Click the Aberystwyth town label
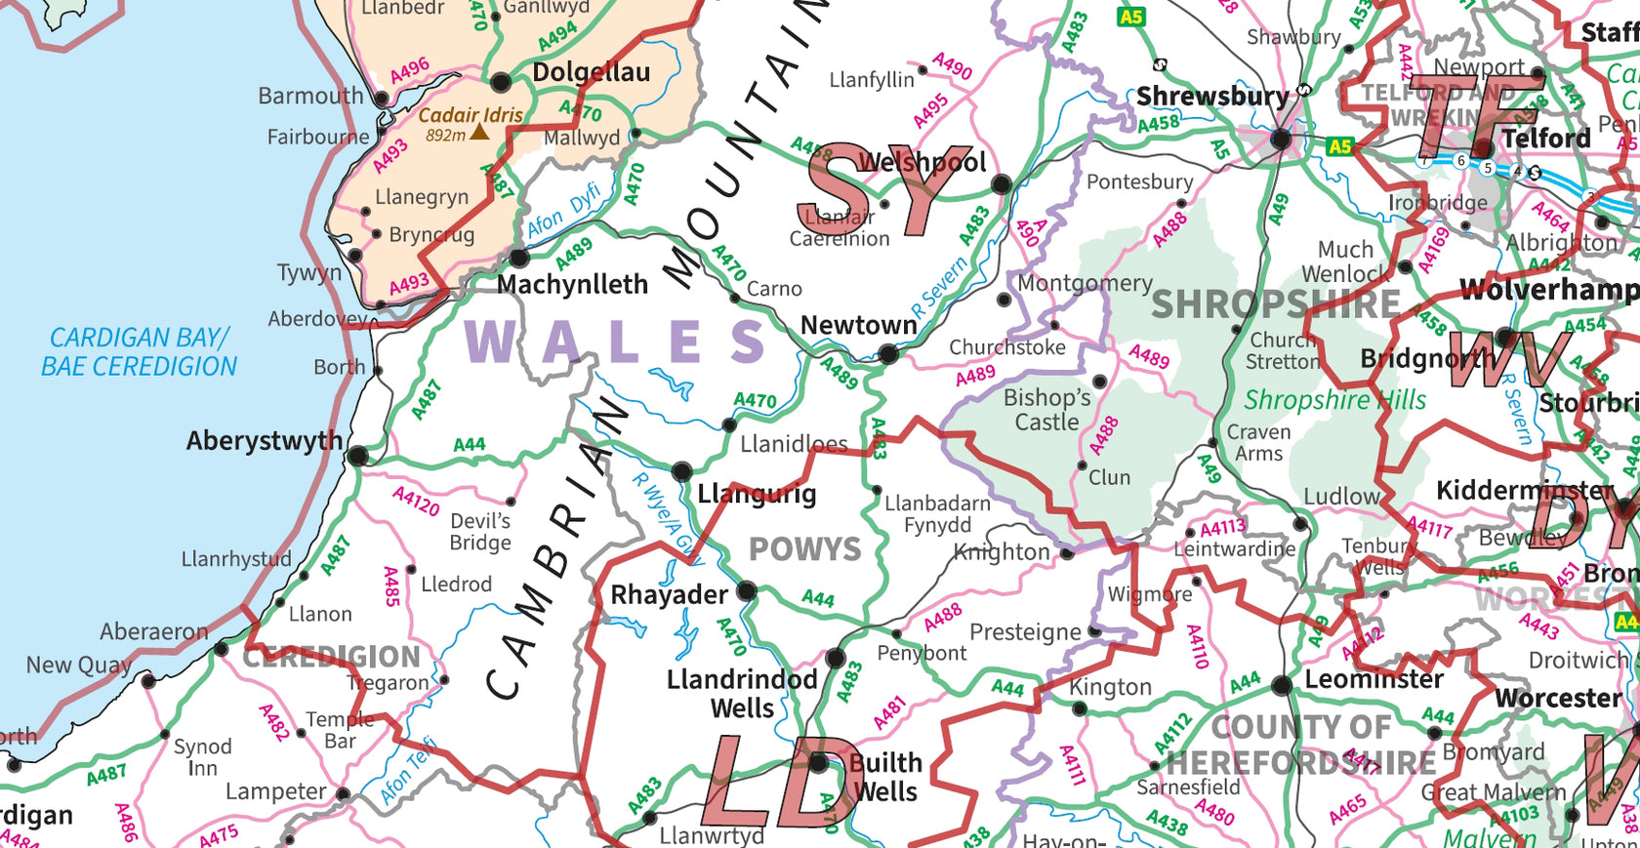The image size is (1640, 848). pyautogui.click(x=265, y=441)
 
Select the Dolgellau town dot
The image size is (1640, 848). pyautogui.click(x=501, y=82)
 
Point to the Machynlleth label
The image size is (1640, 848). pyautogui.click(x=572, y=285)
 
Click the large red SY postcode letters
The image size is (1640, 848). pyautogui.click(x=871, y=190)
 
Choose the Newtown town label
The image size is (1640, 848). pyautogui.click(x=858, y=325)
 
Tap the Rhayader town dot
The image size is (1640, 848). pyautogui.click(x=746, y=590)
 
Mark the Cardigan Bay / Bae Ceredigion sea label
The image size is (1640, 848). pyautogui.click(x=139, y=352)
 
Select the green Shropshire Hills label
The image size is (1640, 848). pyautogui.click(x=1334, y=400)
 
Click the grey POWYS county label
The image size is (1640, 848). pyautogui.click(x=805, y=550)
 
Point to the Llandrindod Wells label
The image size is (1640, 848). pyautogui.click(x=742, y=694)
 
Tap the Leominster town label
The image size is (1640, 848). pyautogui.click(x=1373, y=679)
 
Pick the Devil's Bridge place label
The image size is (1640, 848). pyautogui.click(x=480, y=532)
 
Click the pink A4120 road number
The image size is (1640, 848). pyautogui.click(x=417, y=502)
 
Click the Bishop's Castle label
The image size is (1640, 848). pyautogui.click(x=1046, y=410)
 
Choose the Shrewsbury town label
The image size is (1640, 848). pyautogui.click(x=1212, y=97)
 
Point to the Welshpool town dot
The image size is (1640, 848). pyautogui.click(x=1001, y=184)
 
